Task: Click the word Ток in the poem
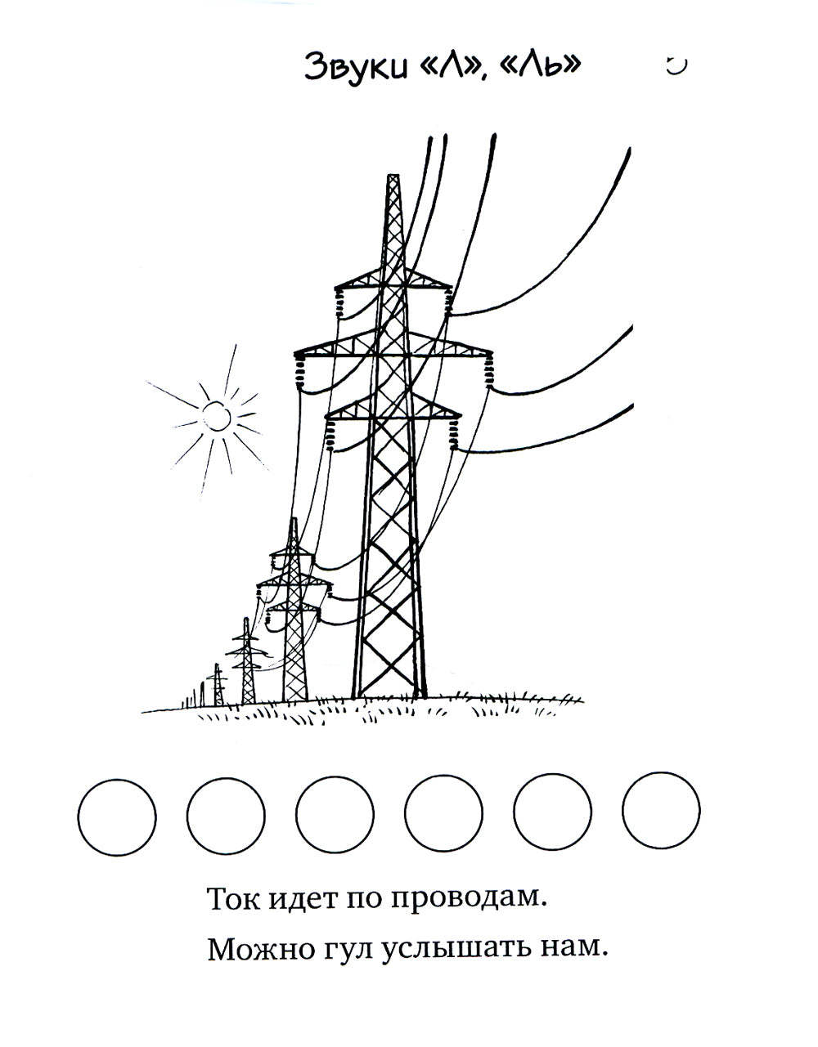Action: click(233, 899)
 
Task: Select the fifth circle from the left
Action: click(552, 815)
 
